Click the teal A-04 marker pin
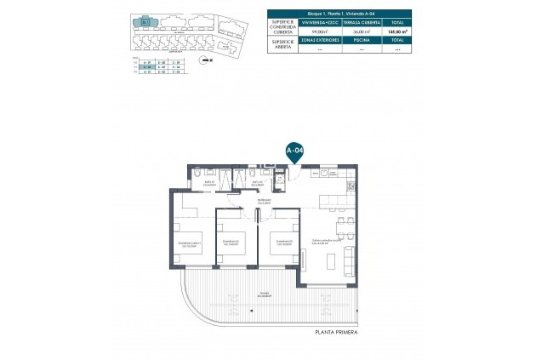(294, 151)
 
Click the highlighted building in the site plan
(147, 22)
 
